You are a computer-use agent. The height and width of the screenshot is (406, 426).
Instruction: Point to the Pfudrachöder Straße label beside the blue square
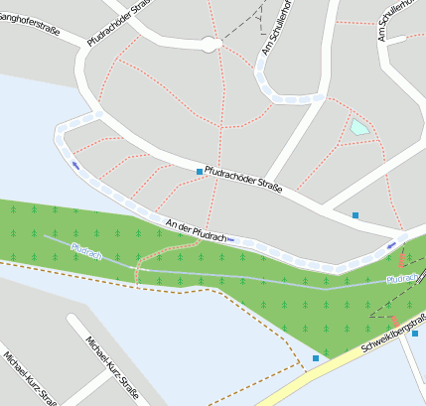[244, 179]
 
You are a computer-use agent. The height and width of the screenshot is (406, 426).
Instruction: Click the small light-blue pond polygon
[357, 127]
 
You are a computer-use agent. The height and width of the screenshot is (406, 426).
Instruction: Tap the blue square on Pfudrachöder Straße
[200, 172]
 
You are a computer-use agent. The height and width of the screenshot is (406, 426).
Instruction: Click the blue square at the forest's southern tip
[316, 357]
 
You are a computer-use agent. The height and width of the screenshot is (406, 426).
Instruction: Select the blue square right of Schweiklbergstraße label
[415, 334]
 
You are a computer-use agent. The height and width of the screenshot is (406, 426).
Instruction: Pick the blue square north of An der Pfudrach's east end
[355, 214]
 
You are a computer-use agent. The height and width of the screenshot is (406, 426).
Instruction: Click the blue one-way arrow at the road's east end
[394, 244]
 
